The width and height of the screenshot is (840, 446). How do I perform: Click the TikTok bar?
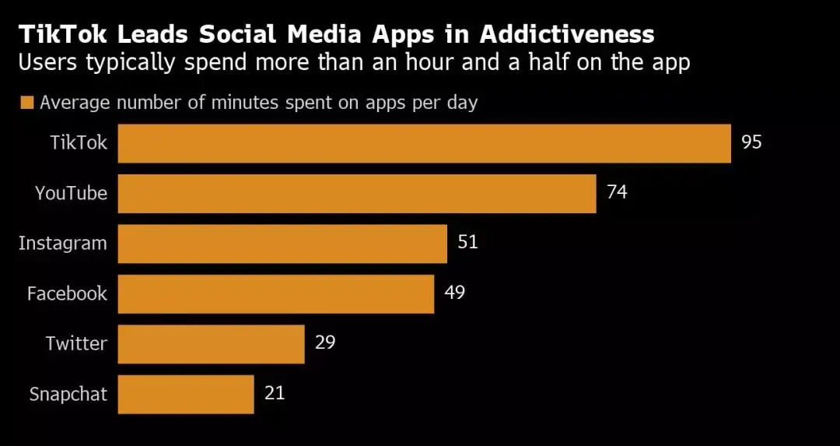425,143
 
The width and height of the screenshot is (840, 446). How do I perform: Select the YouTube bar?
357,194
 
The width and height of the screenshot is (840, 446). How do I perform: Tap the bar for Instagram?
282,244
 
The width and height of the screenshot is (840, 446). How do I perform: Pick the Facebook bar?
276,293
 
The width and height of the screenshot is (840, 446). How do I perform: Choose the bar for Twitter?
211,344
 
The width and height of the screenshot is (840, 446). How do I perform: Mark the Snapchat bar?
186,395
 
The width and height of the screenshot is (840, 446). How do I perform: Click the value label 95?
751,142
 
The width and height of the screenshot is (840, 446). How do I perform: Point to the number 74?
617,192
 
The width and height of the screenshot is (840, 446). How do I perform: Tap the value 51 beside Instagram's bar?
467,242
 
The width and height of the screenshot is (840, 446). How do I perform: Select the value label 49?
454,293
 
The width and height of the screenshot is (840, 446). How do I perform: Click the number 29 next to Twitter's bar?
325,342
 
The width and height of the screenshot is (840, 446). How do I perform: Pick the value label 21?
275,394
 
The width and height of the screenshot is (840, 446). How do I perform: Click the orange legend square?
26,103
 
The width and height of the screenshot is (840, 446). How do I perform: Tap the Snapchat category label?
68,395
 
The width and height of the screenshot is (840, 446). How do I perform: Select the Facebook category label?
67,293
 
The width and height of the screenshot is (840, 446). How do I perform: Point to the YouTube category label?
72,193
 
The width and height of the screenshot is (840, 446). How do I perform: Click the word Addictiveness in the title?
567,35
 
